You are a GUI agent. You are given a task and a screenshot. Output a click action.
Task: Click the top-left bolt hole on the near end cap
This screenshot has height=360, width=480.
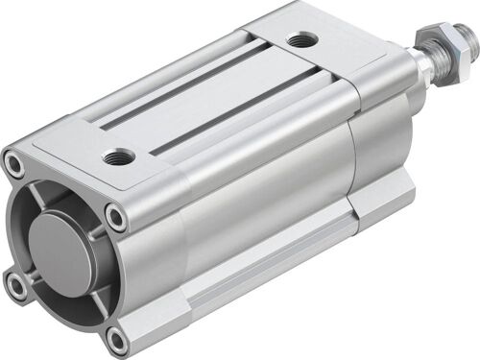click(15, 165)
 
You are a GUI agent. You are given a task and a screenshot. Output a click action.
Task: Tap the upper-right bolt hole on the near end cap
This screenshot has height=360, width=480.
click(115, 218)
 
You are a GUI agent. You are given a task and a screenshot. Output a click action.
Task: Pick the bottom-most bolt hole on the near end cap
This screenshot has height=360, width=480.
click(116, 338)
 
